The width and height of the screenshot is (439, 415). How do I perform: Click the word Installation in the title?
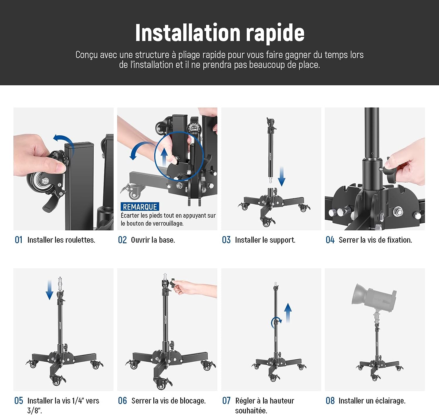coord(188,33)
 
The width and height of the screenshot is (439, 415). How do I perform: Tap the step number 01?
coord(18,240)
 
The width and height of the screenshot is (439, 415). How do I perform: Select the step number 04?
coord(330,240)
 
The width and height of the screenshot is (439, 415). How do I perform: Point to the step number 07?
coord(226,401)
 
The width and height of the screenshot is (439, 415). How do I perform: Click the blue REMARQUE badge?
coord(140,207)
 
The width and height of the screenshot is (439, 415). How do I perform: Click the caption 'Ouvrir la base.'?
coord(153,240)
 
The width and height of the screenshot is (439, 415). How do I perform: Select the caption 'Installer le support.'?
coord(265,240)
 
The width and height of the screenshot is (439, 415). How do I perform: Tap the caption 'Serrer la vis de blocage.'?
coord(169,401)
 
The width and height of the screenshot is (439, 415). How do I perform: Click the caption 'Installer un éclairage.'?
coord(372,401)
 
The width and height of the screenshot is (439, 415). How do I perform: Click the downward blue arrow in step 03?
coord(282,176)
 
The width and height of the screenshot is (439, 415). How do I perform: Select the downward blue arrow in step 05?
coord(49,290)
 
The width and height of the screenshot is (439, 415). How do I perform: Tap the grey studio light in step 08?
coord(373,297)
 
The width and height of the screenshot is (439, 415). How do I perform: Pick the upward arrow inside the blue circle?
coord(164,157)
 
